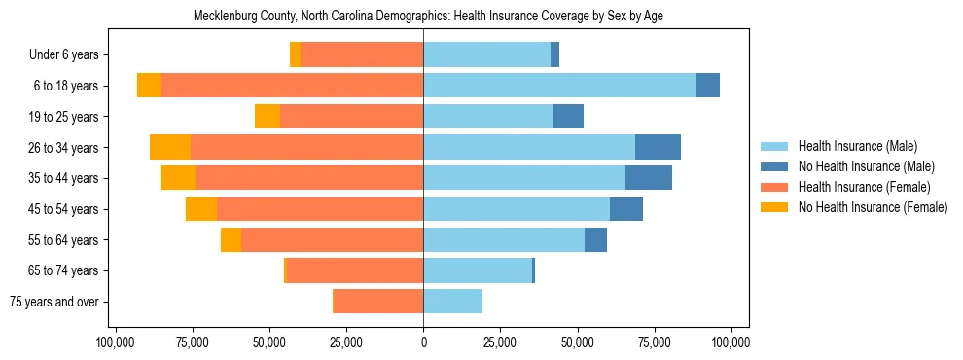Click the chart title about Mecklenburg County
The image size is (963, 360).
click(x=429, y=17)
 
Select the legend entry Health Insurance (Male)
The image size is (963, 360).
click(x=857, y=146)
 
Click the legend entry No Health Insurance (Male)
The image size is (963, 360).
click(x=866, y=166)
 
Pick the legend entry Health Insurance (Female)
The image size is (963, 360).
click(x=864, y=187)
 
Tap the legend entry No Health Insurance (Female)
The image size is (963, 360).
click(x=872, y=207)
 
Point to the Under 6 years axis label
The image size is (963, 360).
click(x=70, y=55)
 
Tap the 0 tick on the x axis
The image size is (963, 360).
click(x=423, y=342)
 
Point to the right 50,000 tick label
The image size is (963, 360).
click(x=577, y=342)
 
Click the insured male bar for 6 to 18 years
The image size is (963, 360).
click(x=559, y=86)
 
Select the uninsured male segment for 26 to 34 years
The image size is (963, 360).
click(x=658, y=147)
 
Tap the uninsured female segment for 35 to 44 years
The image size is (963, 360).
click(x=178, y=178)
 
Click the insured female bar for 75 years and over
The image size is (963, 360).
click(x=377, y=302)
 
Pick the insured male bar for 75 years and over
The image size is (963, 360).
click(x=452, y=302)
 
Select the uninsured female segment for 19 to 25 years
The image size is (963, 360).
click(x=267, y=117)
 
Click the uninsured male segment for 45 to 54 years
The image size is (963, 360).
click(x=626, y=209)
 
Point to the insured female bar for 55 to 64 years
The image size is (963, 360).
click(x=332, y=240)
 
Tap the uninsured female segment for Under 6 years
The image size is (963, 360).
click(x=295, y=55)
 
